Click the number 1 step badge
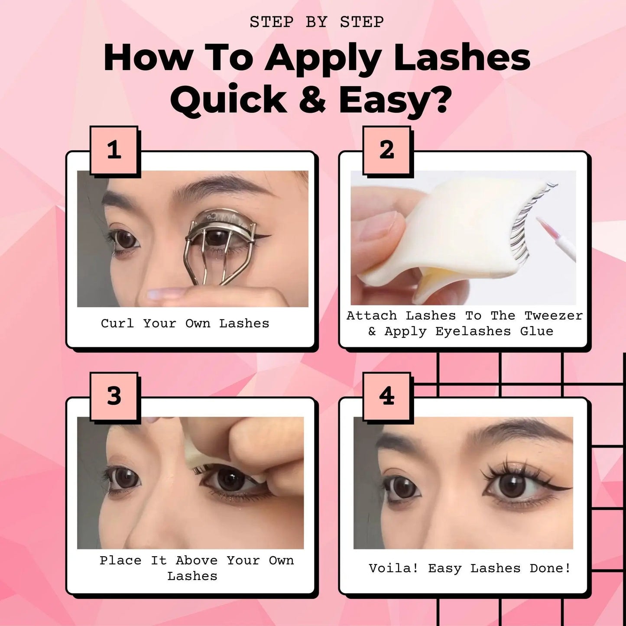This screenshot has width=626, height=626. pos(114,150)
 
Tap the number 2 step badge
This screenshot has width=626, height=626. pos(387,150)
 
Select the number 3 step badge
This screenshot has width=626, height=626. pos(114,396)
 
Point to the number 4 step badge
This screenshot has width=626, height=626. pos(387,396)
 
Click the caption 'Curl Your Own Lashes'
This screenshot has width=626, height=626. pos(185,324)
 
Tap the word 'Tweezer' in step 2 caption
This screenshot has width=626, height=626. pos(553,316)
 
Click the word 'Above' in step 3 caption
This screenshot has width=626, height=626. pos(197,561)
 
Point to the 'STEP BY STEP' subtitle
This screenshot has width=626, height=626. pos(317,22)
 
